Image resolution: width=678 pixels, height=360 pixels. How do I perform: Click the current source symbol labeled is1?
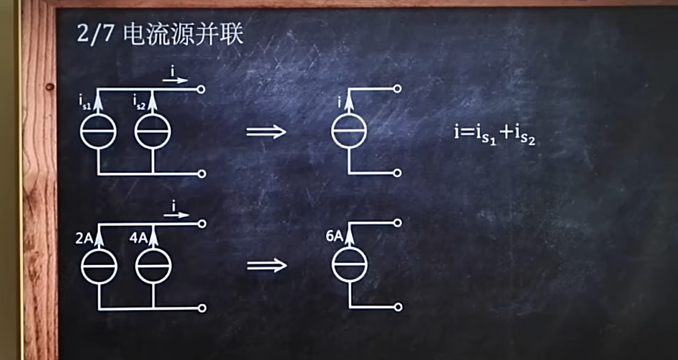point(98,131)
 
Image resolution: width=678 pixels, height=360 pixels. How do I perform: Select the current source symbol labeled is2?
point(153,131)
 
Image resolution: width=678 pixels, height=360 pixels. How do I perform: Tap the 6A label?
point(335,236)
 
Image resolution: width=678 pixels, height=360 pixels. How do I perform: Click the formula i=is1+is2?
point(495,135)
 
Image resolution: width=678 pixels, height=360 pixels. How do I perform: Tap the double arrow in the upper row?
point(266,131)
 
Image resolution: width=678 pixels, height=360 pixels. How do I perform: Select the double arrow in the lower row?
point(267,266)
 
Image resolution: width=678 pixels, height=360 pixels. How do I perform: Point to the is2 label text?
point(140,102)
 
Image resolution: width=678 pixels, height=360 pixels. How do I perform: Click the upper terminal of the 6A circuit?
point(398,223)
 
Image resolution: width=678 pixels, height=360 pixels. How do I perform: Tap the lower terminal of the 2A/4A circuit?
point(202,308)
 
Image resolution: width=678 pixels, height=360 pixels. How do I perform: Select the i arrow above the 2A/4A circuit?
point(176,210)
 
